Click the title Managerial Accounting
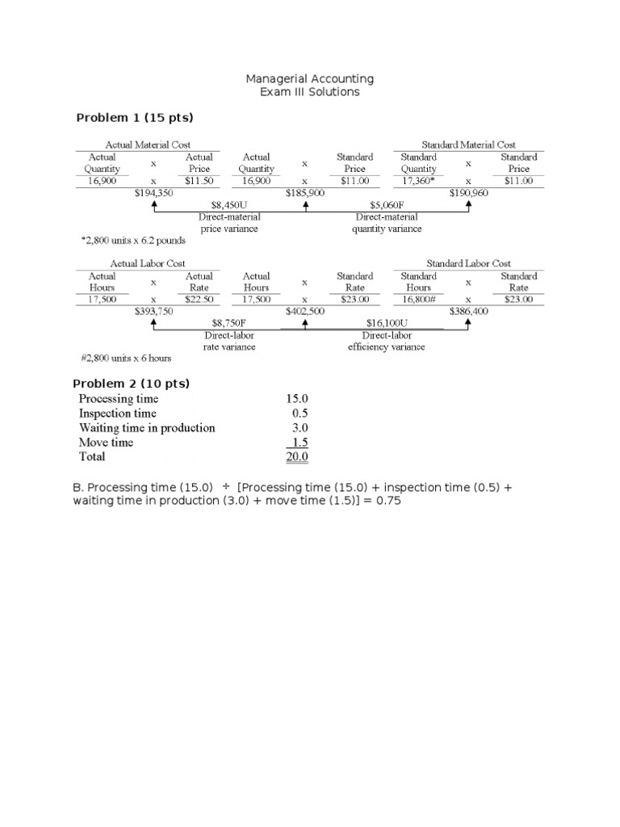point(310,78)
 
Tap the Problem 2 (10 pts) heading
point(132,384)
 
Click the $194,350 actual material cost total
point(153,194)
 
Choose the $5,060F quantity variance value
point(386,205)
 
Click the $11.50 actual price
point(199,181)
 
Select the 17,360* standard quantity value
point(418,181)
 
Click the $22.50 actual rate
point(199,300)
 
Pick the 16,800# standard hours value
point(418,300)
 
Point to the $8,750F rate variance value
point(229,323)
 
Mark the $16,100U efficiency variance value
point(386,323)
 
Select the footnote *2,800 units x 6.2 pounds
point(133,240)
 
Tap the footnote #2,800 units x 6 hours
point(126,358)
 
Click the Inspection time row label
point(118,413)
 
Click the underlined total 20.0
point(297,457)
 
